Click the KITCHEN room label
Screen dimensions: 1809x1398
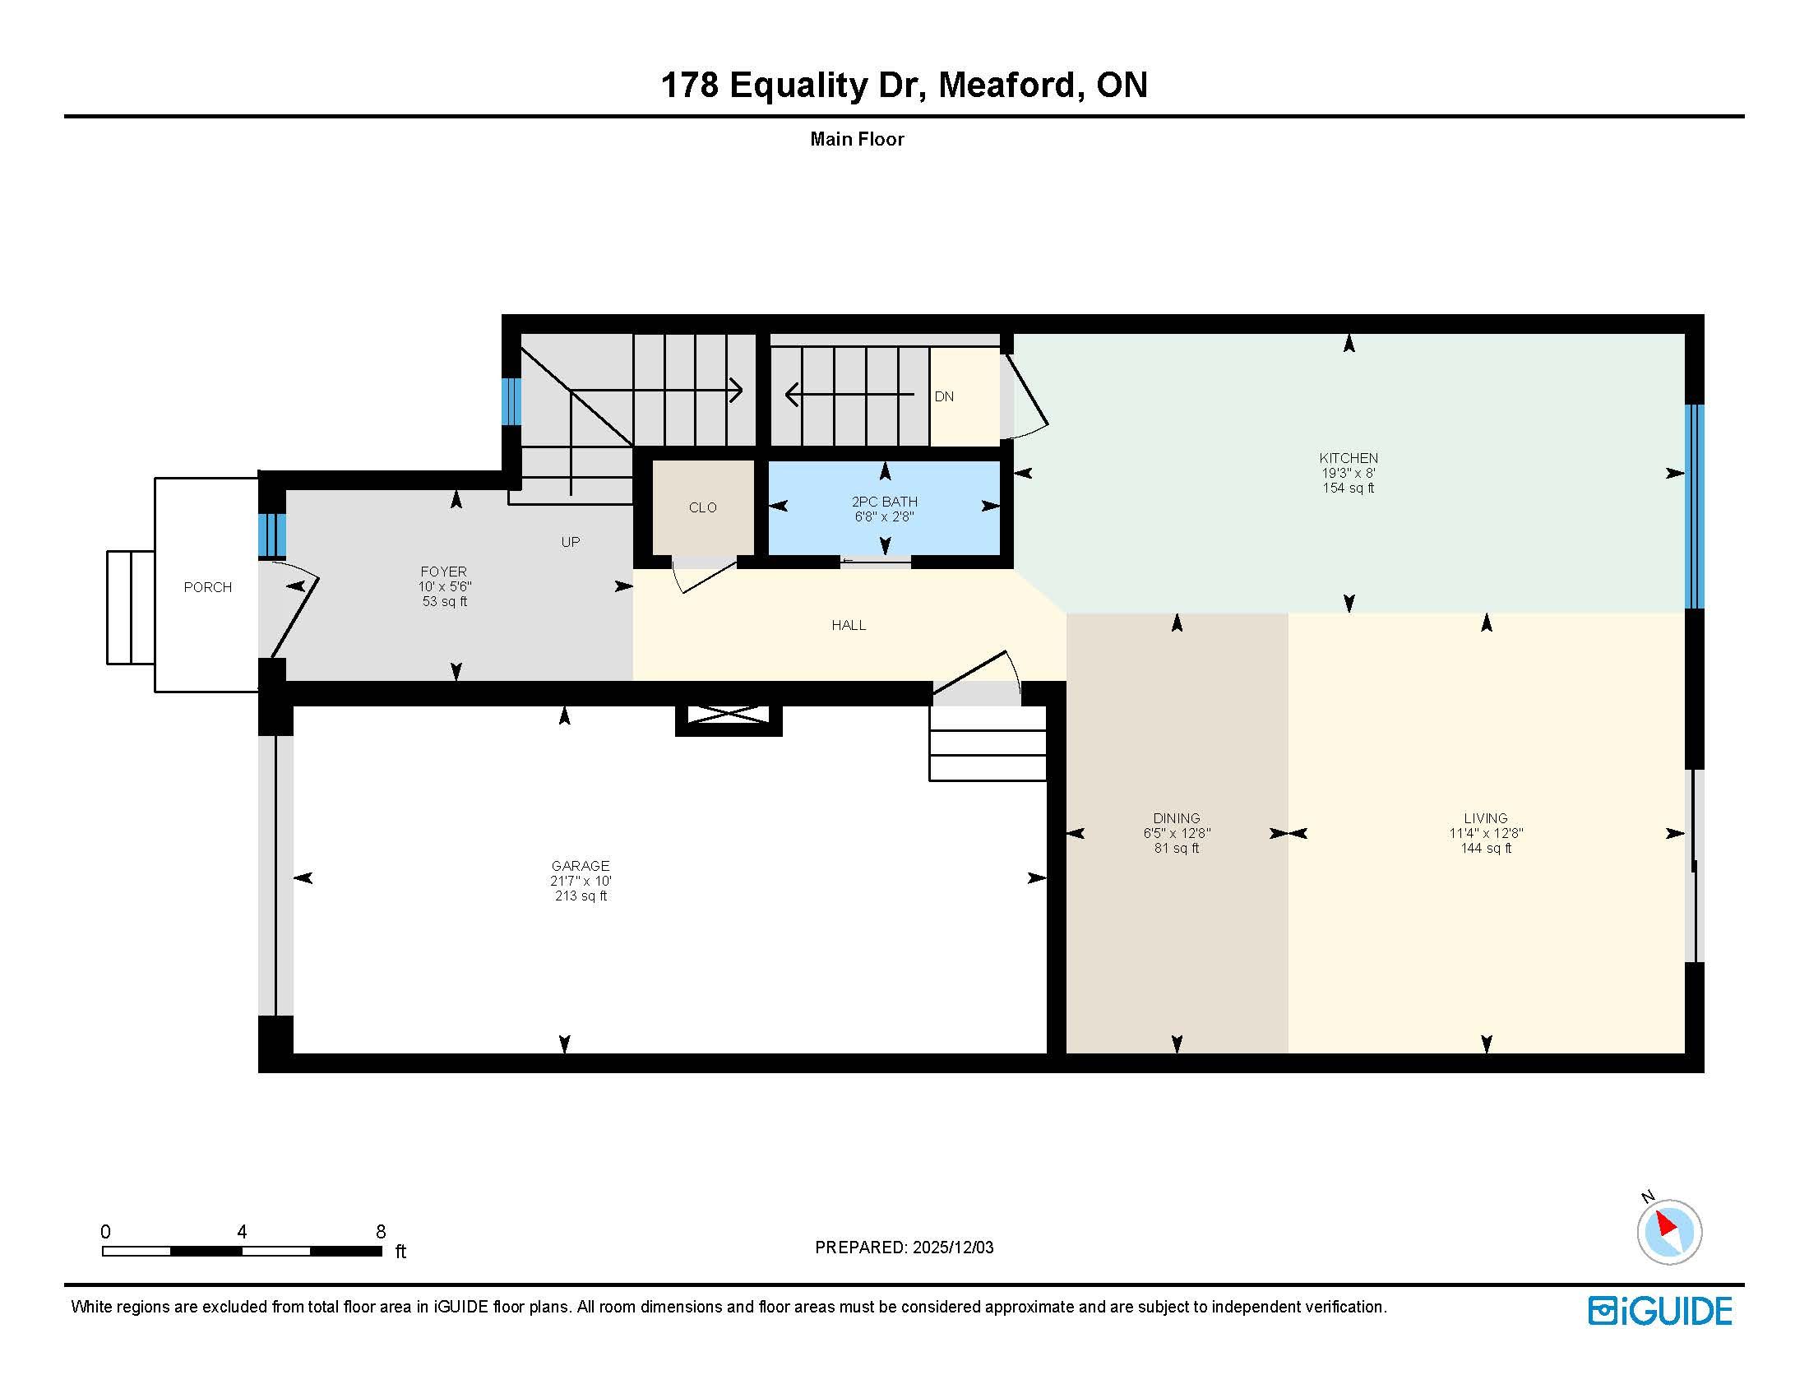[1349, 458]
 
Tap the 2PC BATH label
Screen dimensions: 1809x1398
[885, 502]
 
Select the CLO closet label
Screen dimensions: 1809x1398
[702, 507]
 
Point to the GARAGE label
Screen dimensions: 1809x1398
[581, 866]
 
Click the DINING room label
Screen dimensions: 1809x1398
[1176, 818]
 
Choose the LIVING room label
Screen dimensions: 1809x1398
[1486, 818]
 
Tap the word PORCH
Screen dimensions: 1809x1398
[208, 587]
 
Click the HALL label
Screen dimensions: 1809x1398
[849, 625]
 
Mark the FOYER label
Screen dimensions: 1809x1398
[444, 572]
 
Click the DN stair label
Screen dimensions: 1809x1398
[944, 396]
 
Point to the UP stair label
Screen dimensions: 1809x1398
[571, 543]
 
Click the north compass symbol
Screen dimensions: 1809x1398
[1668, 1231]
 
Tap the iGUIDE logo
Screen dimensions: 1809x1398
[1660, 1311]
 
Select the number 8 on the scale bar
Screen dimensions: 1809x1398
[381, 1232]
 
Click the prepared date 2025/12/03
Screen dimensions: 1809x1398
[953, 1248]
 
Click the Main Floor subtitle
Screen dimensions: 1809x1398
[858, 139]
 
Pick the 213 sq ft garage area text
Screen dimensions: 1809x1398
[581, 896]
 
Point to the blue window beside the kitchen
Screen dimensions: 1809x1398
[1695, 507]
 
